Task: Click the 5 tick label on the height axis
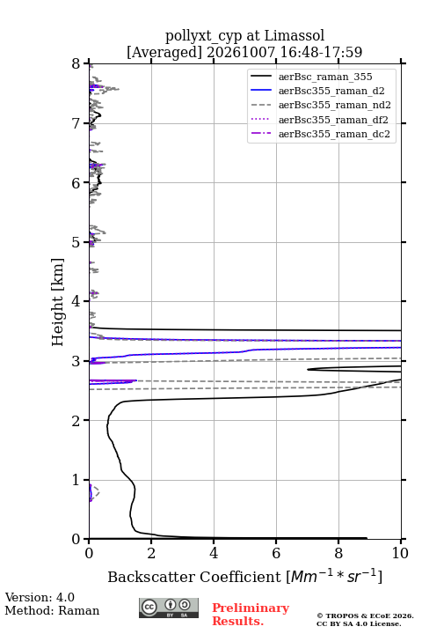pos(76,243)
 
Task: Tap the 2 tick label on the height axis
pos(76,421)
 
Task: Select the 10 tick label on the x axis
pos(400,553)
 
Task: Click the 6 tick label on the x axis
pos(276,553)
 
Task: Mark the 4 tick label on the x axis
pos(214,553)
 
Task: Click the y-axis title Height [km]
pos(58,302)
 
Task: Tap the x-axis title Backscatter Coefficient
pos(194,577)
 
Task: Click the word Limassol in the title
pos(295,36)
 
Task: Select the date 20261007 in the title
pos(241,52)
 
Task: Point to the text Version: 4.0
pos(40,598)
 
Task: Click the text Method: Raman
pos(52,610)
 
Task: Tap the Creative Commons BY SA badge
pos(169,608)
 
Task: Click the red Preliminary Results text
pos(251,615)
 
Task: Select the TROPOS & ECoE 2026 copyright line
pos(365,616)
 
